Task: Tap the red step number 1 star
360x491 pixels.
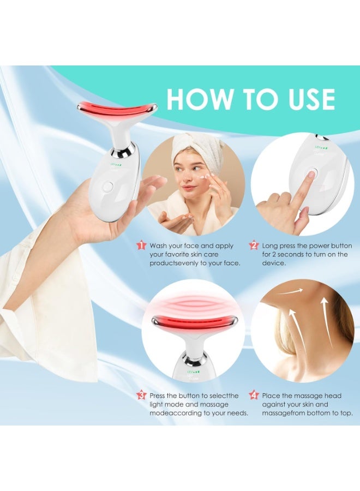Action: pyautogui.click(x=141, y=245)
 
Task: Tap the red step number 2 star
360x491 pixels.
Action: pyautogui.click(x=254, y=245)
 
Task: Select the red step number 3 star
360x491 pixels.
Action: pyautogui.click(x=141, y=395)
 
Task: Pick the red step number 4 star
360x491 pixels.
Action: pyautogui.click(x=254, y=395)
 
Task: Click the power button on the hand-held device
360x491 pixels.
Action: pyautogui.click(x=107, y=186)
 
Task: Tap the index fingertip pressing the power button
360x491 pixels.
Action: pyautogui.click(x=310, y=176)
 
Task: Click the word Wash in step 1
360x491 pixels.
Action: pyautogui.click(x=161, y=246)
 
